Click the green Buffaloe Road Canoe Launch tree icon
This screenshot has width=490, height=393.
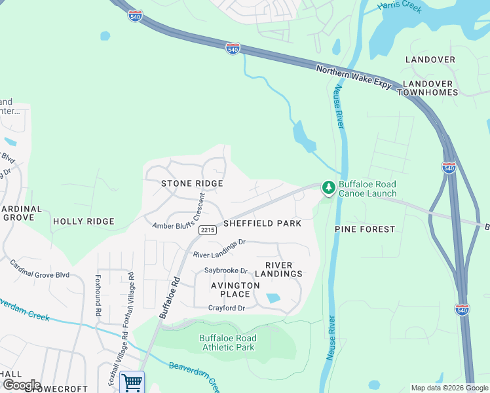click(x=328, y=188)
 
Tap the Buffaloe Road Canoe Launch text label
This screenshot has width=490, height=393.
click(x=367, y=189)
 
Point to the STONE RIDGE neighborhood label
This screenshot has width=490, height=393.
click(x=192, y=183)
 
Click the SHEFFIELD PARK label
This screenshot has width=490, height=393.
click(x=262, y=223)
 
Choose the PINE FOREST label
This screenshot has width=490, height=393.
click(x=365, y=229)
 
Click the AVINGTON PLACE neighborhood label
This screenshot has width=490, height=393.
click(x=235, y=290)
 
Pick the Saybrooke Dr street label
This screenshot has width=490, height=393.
click(x=226, y=271)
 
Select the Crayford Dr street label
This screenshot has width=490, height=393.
click(x=226, y=308)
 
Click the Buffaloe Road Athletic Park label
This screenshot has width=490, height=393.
click(x=227, y=343)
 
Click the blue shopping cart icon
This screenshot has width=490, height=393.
click(x=132, y=382)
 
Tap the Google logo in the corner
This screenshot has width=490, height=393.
click(x=21, y=385)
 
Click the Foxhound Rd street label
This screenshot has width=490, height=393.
click(x=98, y=294)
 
